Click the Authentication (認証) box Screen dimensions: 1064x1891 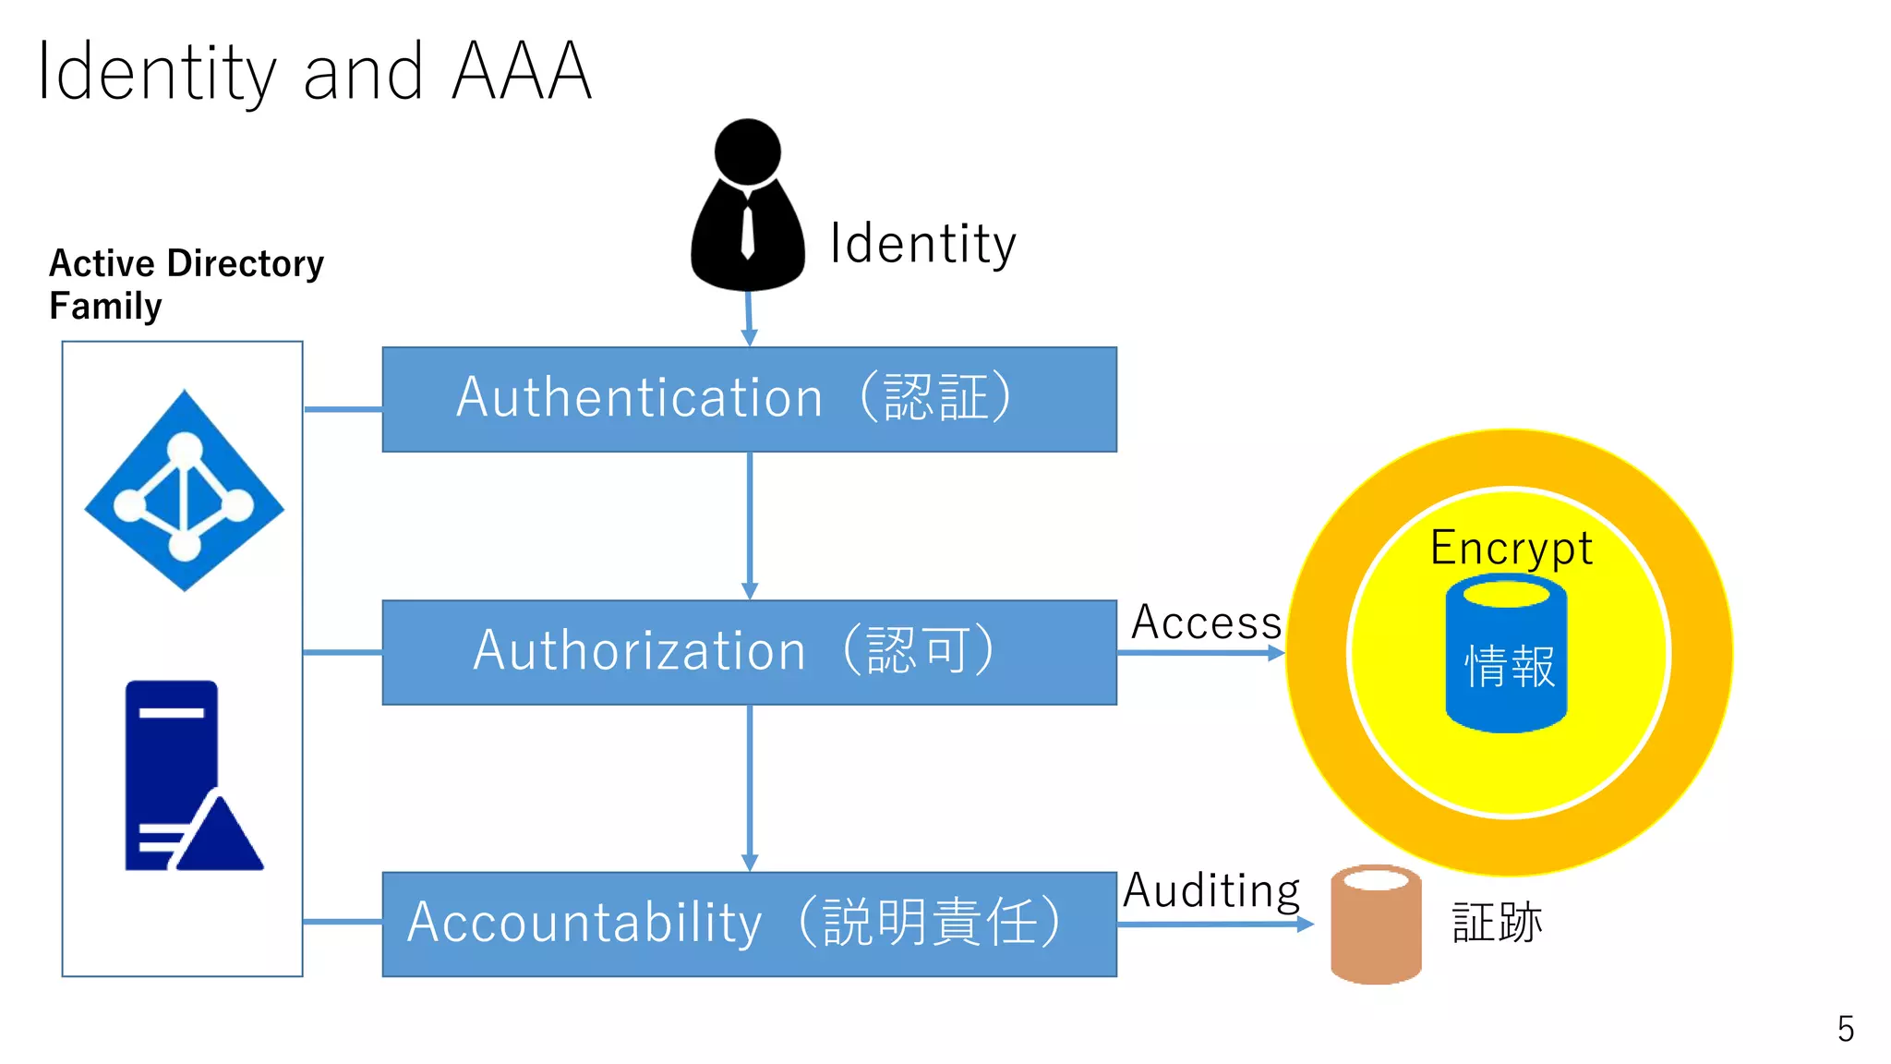(x=749, y=399)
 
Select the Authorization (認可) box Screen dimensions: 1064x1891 (x=749, y=652)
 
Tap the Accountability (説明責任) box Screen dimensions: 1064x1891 (x=749, y=924)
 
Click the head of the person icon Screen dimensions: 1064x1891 (x=748, y=151)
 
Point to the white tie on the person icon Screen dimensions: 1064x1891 (x=748, y=231)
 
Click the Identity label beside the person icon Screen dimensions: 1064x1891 (x=922, y=245)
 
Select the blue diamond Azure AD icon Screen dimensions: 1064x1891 (x=185, y=490)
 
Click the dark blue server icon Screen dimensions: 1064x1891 (x=185, y=776)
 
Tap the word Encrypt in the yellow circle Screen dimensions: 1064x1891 (x=1511, y=548)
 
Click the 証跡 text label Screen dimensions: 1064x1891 (x=1497, y=923)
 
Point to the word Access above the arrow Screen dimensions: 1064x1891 (x=1206, y=622)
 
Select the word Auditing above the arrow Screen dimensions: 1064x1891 (x=1210, y=890)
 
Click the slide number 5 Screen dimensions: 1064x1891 (x=1845, y=1029)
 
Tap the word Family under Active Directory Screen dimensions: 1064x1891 (x=105, y=306)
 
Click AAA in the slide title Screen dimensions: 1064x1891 (x=522, y=72)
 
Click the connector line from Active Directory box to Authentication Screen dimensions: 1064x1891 (x=343, y=408)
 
